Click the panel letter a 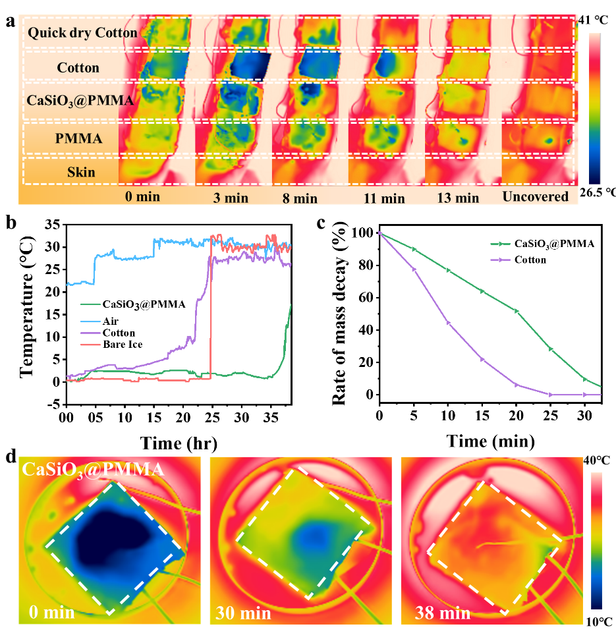[10, 22]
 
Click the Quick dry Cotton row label [82, 32]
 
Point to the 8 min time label [294, 197]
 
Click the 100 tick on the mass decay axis [362, 233]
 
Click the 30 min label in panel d [242, 614]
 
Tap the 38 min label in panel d [443, 614]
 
